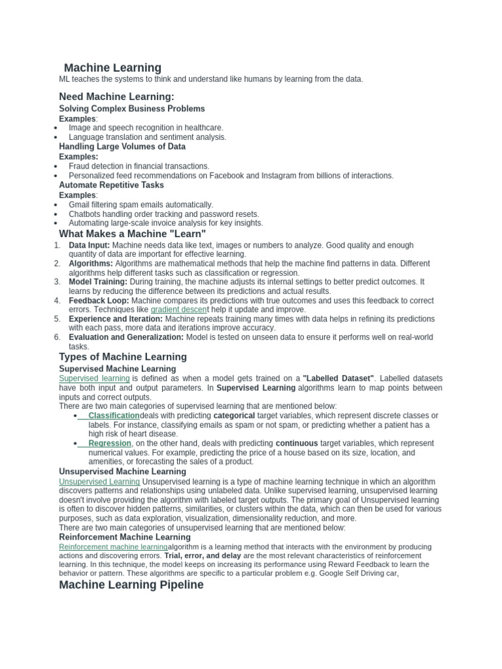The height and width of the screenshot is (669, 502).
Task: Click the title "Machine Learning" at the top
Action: click(x=112, y=67)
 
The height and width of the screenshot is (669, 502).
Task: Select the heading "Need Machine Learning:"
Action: click(x=116, y=97)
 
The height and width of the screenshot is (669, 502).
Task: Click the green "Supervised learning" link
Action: click(x=94, y=378)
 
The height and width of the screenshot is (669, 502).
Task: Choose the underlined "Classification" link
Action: click(x=114, y=416)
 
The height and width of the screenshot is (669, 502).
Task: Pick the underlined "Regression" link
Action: click(x=110, y=443)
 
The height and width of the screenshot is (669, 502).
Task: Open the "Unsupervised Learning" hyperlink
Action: click(x=99, y=481)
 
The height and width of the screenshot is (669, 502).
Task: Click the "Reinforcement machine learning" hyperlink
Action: click(x=113, y=546)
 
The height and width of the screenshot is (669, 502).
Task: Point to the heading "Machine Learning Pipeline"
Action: click(x=131, y=585)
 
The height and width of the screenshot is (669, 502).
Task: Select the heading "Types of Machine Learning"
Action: click(x=123, y=357)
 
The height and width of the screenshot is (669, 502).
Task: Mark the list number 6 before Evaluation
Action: click(x=58, y=337)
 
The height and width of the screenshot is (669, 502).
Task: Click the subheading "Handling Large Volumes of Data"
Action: click(x=122, y=146)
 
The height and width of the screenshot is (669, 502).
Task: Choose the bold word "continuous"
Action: click(x=297, y=443)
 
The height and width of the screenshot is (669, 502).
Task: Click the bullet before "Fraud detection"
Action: click(x=58, y=167)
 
